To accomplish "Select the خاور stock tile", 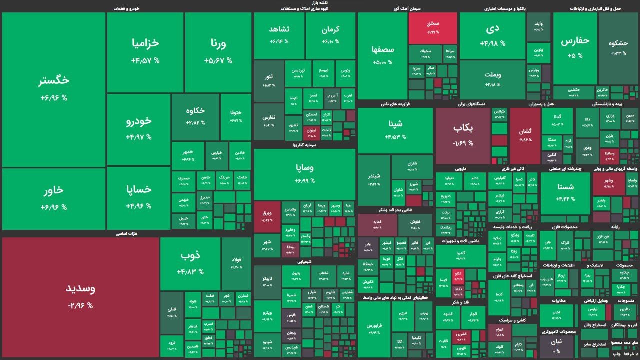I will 54,198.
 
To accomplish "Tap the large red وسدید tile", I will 80,296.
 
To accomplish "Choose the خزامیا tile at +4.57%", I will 145,51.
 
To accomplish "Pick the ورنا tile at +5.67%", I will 218,51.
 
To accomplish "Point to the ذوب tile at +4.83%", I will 190,263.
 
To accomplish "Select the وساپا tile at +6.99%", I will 304,173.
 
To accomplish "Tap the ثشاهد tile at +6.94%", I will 279,35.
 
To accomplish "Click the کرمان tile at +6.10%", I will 330,35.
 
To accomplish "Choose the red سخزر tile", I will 433,28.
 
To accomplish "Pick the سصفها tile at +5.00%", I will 383,55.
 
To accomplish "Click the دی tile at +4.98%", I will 492,35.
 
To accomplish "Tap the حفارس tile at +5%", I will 575,47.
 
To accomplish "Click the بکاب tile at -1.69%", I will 463,135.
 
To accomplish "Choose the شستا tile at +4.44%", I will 565,192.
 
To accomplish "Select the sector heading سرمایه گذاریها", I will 304,145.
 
